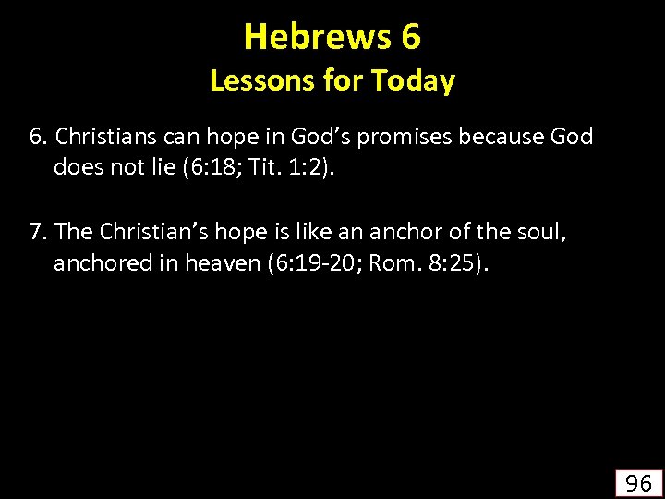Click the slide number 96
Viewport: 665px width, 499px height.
pos(638,482)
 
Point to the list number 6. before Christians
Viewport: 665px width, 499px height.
pos(38,138)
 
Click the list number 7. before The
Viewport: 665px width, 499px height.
pos(38,232)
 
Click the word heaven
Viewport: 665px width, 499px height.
pos(222,263)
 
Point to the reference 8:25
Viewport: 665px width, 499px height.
pos(453,263)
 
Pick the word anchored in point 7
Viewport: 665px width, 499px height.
pos(97,263)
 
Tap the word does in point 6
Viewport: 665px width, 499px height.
pos(76,168)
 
